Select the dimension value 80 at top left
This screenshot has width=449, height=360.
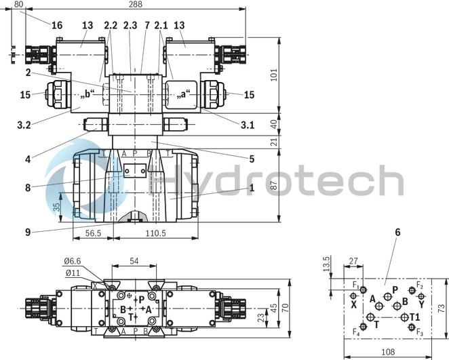(x=18, y=5)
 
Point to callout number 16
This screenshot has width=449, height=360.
(x=57, y=26)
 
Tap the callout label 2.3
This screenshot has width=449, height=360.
(x=130, y=26)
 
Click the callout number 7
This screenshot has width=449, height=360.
(x=147, y=26)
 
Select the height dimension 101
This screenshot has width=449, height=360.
(x=293, y=74)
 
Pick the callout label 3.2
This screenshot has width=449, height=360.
(x=24, y=125)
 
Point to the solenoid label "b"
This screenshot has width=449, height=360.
(x=88, y=94)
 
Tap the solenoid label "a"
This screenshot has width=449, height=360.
(x=184, y=94)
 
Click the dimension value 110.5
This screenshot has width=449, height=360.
(x=155, y=233)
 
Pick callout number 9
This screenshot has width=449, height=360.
(x=27, y=233)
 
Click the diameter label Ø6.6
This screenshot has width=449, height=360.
(x=74, y=261)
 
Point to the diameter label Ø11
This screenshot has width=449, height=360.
(x=73, y=273)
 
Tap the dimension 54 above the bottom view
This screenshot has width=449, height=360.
(x=134, y=261)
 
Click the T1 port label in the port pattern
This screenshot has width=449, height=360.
(x=414, y=317)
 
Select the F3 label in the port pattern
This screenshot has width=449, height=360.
(x=419, y=333)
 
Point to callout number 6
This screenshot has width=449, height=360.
(x=397, y=233)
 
